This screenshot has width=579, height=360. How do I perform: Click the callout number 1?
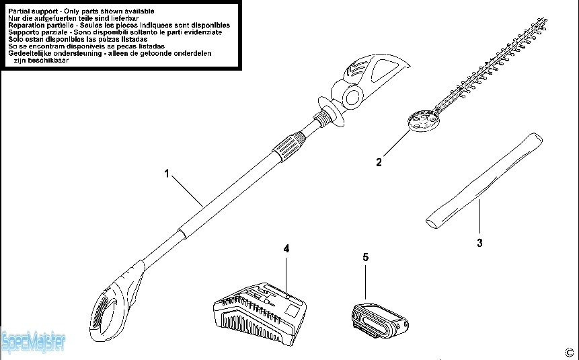point(166,173)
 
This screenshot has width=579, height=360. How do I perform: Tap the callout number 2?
point(379,161)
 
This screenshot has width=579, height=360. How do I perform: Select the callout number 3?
point(479,243)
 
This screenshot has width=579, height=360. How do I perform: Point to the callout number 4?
point(286,248)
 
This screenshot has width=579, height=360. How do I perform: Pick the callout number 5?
point(365,256)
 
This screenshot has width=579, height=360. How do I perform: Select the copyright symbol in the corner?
point(569,352)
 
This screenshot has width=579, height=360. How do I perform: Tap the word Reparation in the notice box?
point(26,25)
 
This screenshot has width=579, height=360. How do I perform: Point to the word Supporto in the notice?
point(24,32)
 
